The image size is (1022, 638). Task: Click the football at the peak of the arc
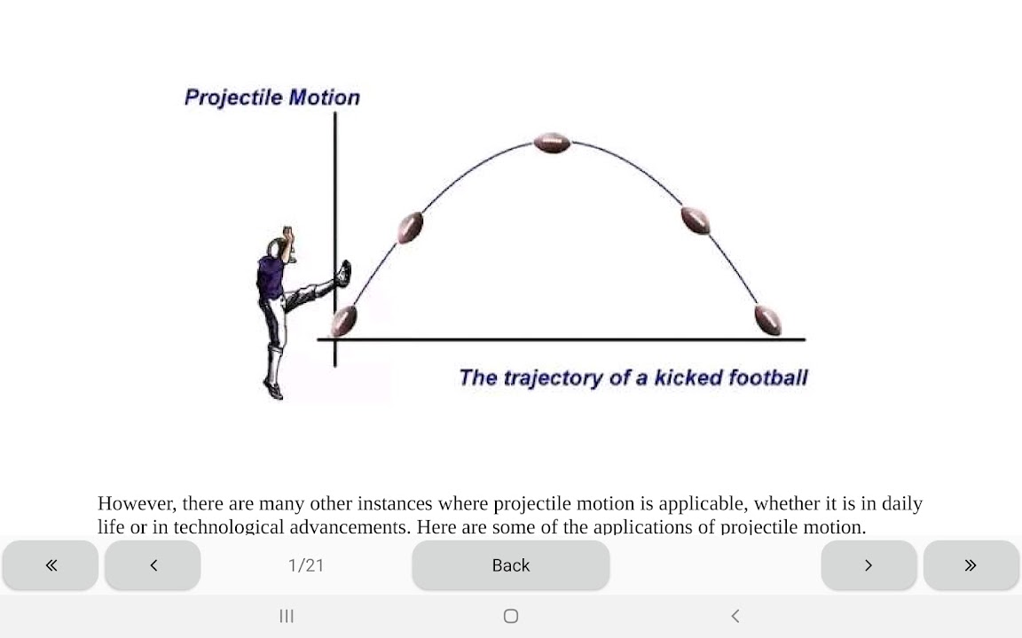click(552, 143)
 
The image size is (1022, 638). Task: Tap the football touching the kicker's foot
click(343, 320)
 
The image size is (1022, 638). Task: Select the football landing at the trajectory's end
click(767, 320)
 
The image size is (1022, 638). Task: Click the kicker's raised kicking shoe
click(343, 273)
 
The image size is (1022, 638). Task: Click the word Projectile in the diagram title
click(232, 97)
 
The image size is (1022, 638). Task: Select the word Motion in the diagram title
click(324, 97)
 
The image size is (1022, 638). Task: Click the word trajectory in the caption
click(554, 378)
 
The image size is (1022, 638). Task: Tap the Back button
click(511, 565)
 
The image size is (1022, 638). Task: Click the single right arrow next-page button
click(869, 565)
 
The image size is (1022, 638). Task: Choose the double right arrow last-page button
click(971, 565)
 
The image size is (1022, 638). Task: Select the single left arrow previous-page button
click(153, 565)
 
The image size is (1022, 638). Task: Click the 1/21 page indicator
click(306, 565)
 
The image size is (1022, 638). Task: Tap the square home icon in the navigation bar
click(511, 616)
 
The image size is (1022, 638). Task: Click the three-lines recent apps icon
click(287, 616)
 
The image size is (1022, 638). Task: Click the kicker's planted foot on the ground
click(273, 389)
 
